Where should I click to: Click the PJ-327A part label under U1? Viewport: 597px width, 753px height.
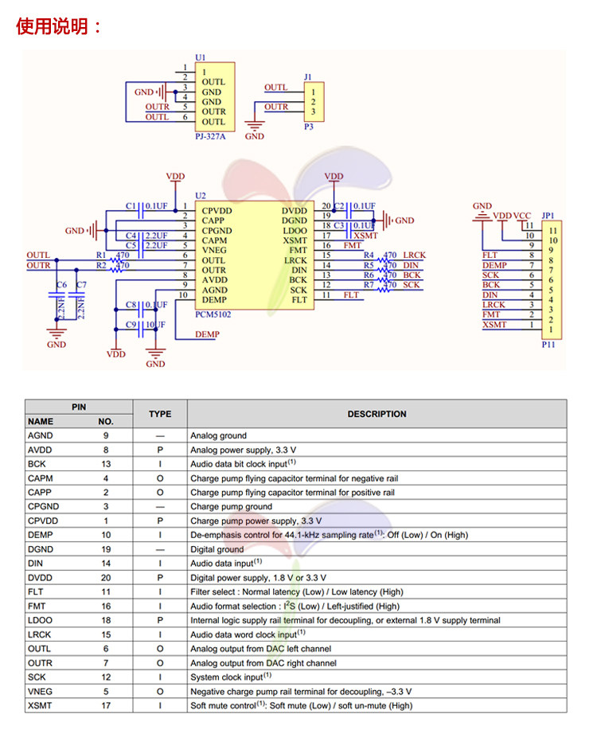(209, 136)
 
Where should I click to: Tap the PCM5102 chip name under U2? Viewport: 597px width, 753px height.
(212, 314)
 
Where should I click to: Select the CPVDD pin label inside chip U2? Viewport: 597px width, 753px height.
(217, 211)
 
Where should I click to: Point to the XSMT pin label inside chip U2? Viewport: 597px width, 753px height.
(295, 240)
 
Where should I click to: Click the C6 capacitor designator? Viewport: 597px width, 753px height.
(60, 285)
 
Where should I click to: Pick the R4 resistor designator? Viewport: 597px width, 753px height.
(369, 255)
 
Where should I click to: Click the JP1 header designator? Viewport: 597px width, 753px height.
(548, 216)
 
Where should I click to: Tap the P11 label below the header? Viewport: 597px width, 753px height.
(548, 345)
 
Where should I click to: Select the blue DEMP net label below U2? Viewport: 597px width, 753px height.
(207, 335)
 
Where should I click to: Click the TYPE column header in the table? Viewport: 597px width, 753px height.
(160, 414)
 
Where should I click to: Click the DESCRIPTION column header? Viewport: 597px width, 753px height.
(377, 414)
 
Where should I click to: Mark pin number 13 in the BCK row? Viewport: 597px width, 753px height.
(106, 464)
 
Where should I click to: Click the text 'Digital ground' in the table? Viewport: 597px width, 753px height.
(217, 549)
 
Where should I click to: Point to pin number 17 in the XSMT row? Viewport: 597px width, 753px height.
(106, 705)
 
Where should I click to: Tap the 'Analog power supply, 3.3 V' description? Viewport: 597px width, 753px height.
(243, 450)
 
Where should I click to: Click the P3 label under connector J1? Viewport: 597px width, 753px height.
(309, 127)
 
